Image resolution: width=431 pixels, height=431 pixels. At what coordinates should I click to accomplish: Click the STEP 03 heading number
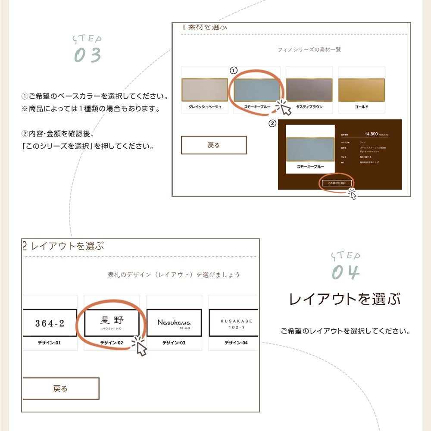(87, 55)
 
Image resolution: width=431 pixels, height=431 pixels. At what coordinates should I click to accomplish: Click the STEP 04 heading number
(345, 272)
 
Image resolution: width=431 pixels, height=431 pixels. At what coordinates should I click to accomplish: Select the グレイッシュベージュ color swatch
(205, 90)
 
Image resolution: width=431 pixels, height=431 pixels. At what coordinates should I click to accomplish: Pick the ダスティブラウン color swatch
(309, 90)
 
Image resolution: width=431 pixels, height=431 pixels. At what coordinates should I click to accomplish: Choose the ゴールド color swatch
(361, 90)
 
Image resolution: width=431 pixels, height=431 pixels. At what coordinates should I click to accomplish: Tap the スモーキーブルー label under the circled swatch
(257, 106)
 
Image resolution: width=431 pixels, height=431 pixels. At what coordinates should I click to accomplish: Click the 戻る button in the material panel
(214, 145)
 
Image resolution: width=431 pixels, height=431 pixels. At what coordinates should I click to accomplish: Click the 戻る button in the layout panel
(60, 388)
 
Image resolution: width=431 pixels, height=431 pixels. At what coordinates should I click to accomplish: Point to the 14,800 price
(371, 134)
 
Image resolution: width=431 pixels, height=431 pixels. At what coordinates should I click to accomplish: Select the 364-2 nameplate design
(50, 323)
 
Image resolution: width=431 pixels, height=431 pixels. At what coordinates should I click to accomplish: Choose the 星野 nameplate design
(112, 323)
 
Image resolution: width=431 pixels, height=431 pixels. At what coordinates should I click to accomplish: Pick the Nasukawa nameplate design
(174, 323)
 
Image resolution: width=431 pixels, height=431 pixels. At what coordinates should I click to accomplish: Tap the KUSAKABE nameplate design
(234, 323)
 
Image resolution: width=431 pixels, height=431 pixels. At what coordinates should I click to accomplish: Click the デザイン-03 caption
(174, 343)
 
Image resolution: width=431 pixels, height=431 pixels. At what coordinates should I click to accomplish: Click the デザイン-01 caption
(50, 343)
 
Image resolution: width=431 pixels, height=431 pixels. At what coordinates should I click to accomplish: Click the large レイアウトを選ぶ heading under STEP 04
(344, 299)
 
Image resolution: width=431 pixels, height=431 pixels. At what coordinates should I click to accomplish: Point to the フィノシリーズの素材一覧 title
(309, 50)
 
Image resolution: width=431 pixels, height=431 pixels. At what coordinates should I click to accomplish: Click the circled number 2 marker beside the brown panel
(272, 124)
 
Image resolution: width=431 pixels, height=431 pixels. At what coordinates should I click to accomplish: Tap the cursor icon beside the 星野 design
(140, 346)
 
